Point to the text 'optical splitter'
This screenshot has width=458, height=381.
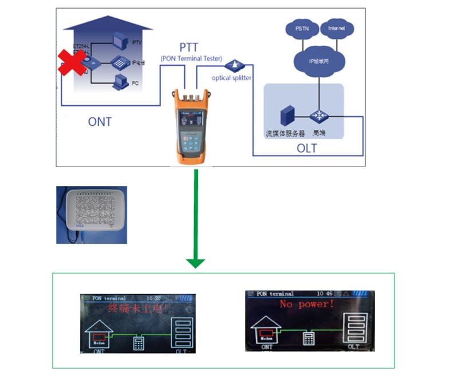tap(231, 78)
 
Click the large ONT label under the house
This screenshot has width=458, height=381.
tap(100, 122)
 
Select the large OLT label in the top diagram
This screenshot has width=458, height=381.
tap(306, 149)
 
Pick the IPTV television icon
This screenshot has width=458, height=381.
tap(119, 41)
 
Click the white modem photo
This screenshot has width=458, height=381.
tap(91, 215)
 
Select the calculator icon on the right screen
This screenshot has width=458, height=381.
tap(310, 338)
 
